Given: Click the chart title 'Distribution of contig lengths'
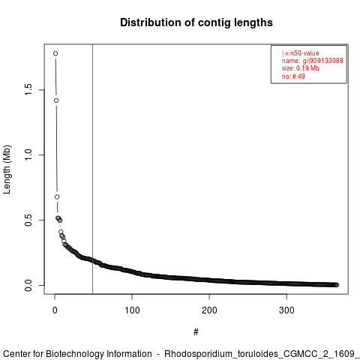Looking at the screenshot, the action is coord(196,22).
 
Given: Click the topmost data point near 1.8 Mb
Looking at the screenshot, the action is coord(55,53).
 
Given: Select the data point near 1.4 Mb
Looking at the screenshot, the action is coord(56,100).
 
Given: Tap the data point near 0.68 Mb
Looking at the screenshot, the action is coord(57,197).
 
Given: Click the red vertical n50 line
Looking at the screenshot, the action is coord(93,169).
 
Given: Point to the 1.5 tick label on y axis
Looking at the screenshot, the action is coord(28,90).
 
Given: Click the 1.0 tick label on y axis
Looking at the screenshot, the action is coord(28,155).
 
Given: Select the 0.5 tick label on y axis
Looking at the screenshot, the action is coord(28,220).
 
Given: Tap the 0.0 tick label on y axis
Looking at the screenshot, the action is coord(28,285).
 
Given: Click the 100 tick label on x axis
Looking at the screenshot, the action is coord(132,310).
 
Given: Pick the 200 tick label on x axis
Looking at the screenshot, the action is coord(209,310).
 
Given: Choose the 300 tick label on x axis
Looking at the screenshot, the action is coord(286,310).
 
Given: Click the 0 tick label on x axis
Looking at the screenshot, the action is coord(55,310).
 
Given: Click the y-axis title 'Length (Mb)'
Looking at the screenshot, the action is coord(7,169).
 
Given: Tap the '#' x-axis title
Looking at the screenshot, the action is coord(196,332).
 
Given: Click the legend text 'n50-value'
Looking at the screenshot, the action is coord(304,53).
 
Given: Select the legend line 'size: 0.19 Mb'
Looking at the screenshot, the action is coord(301,68).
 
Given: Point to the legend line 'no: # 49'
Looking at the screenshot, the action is coord(293,76).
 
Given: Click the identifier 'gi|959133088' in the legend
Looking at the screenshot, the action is coord(323,61).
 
